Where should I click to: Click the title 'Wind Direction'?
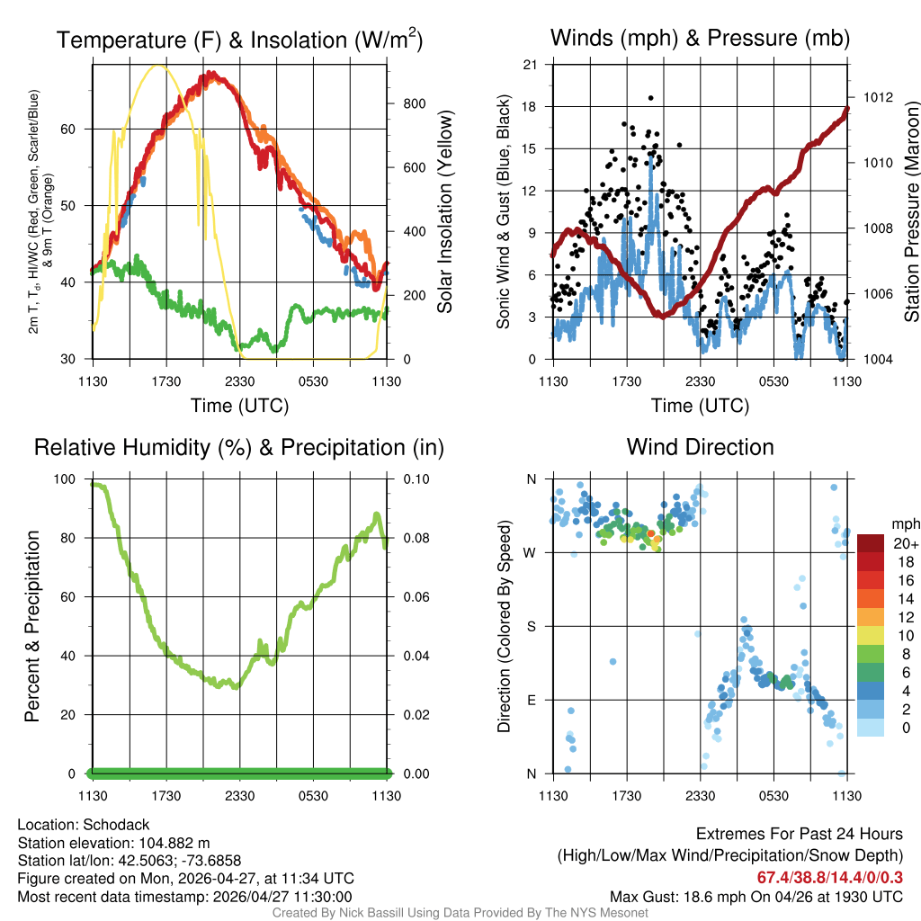pos(700,447)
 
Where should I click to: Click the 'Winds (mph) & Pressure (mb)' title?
pos(700,39)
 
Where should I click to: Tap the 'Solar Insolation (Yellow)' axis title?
pos(444,212)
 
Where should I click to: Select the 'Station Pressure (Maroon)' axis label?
pos(911,212)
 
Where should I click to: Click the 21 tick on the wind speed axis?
pos(531,64)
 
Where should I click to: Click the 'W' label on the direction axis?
pos(532,552)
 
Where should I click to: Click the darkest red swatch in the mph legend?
pos(871,543)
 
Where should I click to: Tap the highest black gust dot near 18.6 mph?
pos(650,98)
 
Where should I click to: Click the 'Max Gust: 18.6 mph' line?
pos(756,896)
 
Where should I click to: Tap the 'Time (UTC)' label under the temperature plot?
pos(239,406)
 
